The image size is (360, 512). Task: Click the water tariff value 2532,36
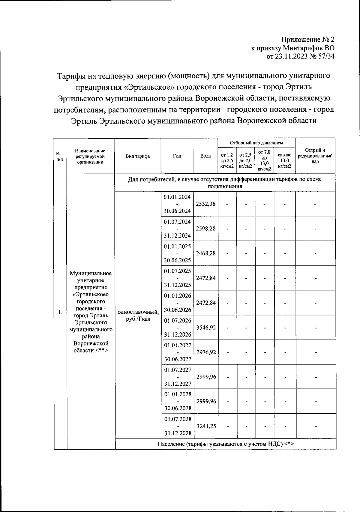(205, 204)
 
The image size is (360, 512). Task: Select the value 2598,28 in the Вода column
(205, 229)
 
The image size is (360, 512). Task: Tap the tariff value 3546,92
(206, 328)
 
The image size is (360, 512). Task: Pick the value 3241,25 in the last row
(206, 426)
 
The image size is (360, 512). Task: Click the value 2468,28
(205, 253)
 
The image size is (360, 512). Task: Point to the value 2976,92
(206, 352)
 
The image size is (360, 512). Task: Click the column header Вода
(205, 156)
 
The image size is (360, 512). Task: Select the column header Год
(177, 156)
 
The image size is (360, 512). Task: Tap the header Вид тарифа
(138, 156)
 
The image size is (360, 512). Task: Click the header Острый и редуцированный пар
(315, 156)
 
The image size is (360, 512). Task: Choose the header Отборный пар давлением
(256, 143)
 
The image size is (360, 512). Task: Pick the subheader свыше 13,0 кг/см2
(284, 160)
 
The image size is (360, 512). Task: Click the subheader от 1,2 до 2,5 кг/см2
(227, 160)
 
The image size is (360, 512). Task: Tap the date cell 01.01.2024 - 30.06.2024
(177, 204)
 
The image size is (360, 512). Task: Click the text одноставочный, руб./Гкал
(138, 315)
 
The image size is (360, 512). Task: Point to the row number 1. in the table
(60, 312)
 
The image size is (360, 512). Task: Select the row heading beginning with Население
(225, 444)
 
